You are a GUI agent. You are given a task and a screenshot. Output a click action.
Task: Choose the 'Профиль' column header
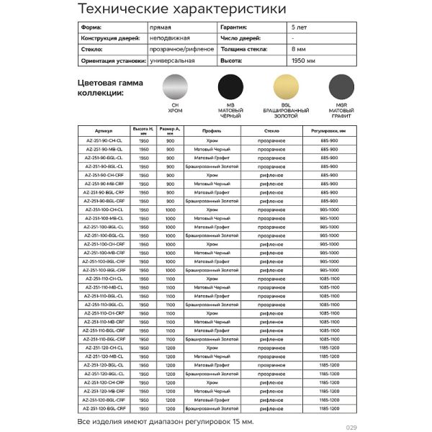tap(212, 132)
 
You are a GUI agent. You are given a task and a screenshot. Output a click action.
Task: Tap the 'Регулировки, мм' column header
tap(329, 132)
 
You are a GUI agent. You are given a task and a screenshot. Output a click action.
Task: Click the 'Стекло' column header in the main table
tap(271, 132)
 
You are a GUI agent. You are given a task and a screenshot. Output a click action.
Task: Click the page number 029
tap(351, 426)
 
